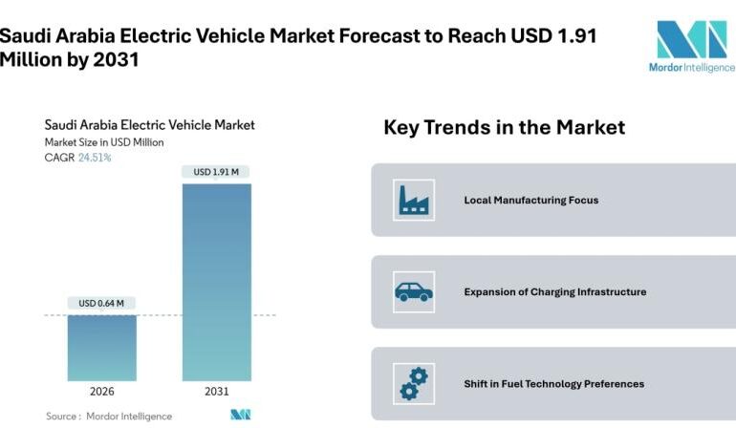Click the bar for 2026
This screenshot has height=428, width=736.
(x=101, y=348)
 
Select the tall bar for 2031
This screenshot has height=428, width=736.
(x=217, y=282)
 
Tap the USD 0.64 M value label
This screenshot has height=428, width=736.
(x=101, y=304)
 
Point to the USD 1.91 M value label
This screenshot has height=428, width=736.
(x=217, y=172)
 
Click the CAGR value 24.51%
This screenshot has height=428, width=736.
(x=95, y=158)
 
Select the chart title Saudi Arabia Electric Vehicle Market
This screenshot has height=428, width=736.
(x=150, y=125)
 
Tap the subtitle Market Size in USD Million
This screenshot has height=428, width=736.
(x=105, y=142)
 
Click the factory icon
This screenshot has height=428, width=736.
(x=414, y=201)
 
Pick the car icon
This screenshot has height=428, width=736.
(x=414, y=292)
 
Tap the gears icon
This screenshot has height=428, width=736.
(x=414, y=384)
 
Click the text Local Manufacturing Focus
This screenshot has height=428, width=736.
(x=530, y=201)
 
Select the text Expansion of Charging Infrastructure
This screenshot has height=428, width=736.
(x=554, y=292)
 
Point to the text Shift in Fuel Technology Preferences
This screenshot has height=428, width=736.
(x=553, y=384)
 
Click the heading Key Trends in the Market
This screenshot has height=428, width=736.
(x=504, y=127)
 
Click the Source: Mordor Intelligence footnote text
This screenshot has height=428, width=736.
(x=109, y=417)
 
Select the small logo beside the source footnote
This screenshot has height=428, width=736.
(x=240, y=416)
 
